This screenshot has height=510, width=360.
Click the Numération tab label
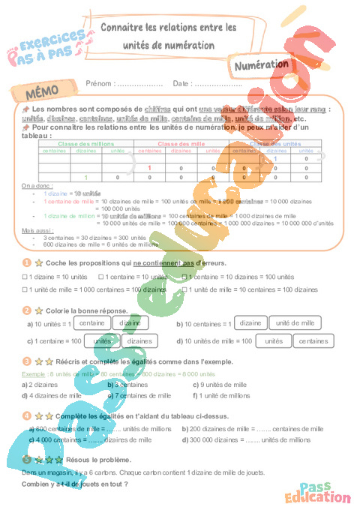(262, 66)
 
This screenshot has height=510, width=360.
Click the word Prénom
(99, 83)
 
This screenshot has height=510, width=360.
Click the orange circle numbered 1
(26, 263)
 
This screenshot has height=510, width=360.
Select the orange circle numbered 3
(26, 361)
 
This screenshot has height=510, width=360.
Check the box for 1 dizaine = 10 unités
(25, 277)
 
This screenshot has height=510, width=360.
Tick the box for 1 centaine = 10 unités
(100, 277)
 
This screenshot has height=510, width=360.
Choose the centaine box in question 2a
(91, 323)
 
